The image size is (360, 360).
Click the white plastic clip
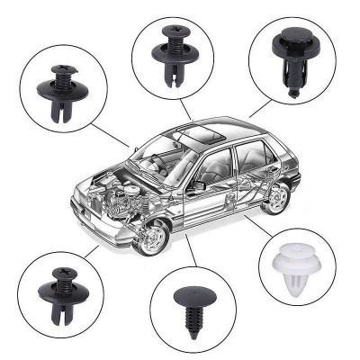(x=293, y=263)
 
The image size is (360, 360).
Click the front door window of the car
(x=214, y=166)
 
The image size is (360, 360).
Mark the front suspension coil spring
(x=142, y=208)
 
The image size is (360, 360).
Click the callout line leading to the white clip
(x=253, y=225)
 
